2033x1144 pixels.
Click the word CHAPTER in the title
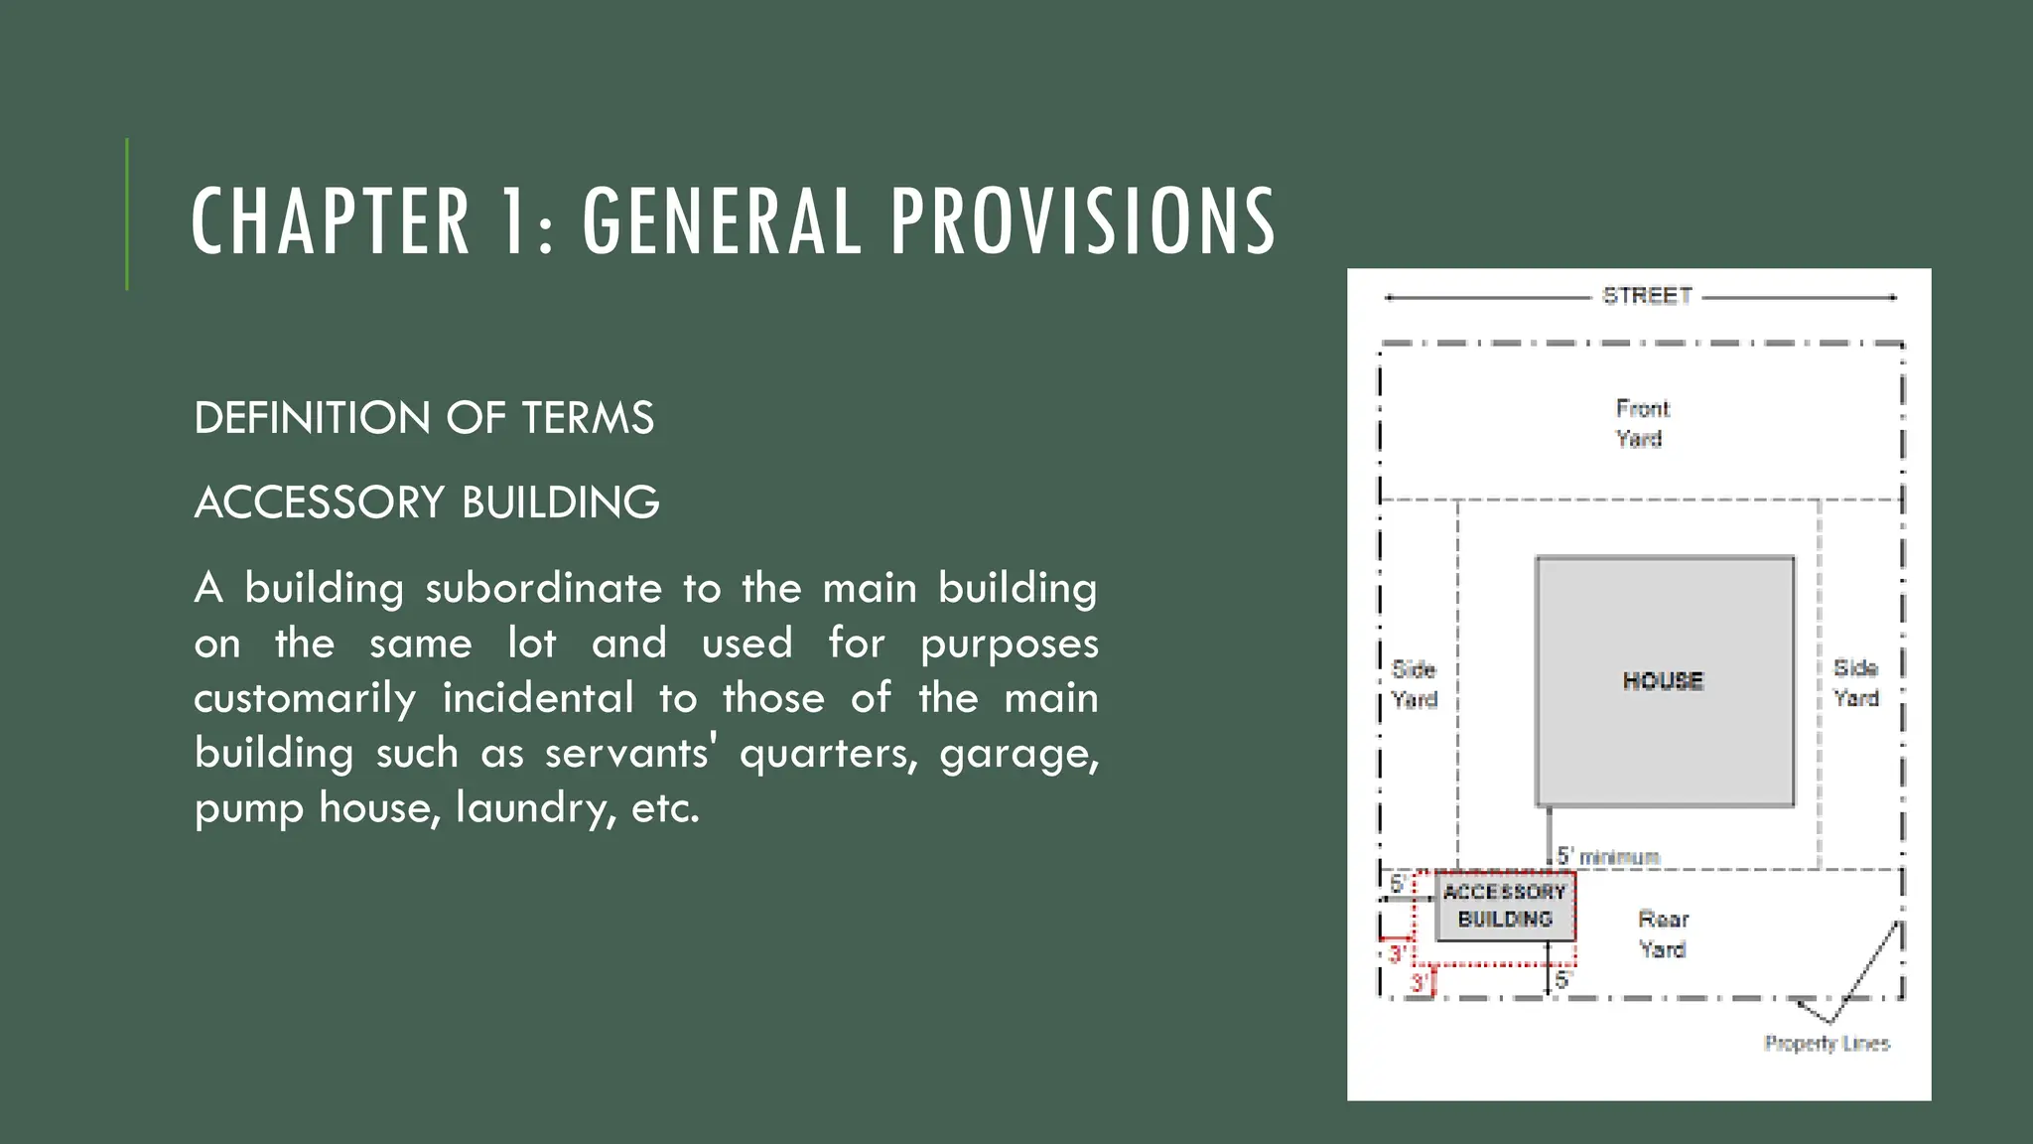[x=330, y=221]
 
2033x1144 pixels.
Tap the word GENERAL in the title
[x=722, y=221]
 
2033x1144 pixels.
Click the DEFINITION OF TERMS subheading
[x=424, y=418]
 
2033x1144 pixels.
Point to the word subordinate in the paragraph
[x=543, y=588]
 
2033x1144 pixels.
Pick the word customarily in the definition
[x=305, y=698]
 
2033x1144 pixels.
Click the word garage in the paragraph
[x=1018, y=754]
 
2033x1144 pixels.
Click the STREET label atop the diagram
[x=1647, y=296]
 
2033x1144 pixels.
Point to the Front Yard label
[x=1642, y=423]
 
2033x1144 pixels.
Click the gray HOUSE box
[x=1664, y=681]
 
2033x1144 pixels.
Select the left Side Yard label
[x=1415, y=684]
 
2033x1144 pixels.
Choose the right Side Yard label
[x=1856, y=683]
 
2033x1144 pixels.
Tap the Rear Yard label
[x=1663, y=933]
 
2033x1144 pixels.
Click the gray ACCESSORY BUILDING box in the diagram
[x=1505, y=906]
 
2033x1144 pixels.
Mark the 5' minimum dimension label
[x=1607, y=856]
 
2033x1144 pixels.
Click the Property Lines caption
[x=1827, y=1044]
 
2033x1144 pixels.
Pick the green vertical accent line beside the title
[x=127, y=214]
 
